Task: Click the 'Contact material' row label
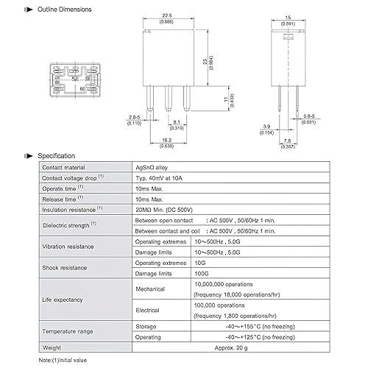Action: tap(64, 169)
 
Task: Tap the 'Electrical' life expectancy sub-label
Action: tap(149, 310)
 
